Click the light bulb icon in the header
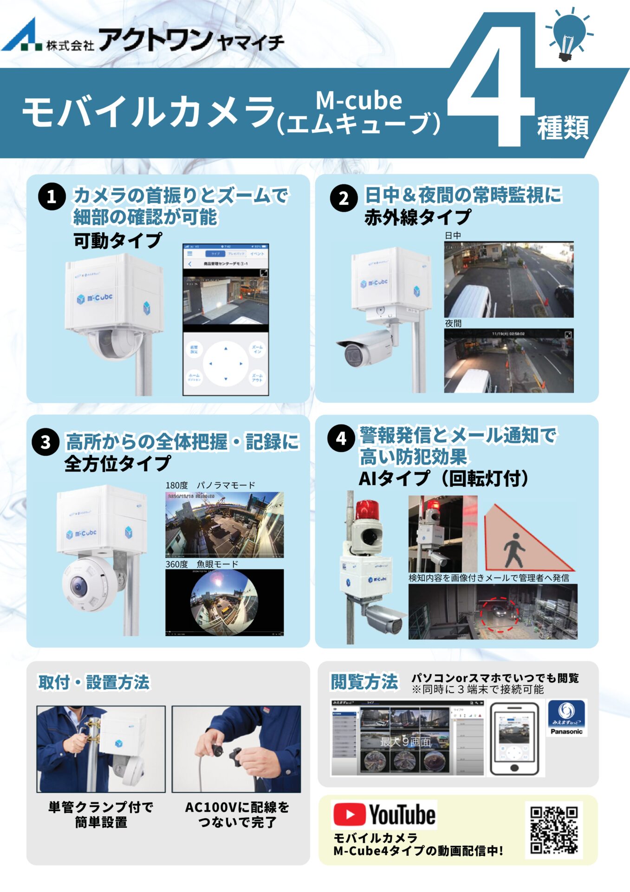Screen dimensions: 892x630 click(x=569, y=35)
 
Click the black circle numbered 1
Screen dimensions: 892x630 click(x=52, y=197)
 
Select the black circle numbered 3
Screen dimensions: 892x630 click(x=45, y=442)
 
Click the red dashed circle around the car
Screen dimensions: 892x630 click(x=500, y=614)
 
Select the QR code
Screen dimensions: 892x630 click(x=554, y=830)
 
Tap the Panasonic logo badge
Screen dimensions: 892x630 click(x=566, y=718)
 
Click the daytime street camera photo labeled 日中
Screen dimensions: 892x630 click(x=508, y=280)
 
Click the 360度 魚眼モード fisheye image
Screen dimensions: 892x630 click(x=224, y=602)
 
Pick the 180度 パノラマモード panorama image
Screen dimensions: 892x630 click(x=224, y=525)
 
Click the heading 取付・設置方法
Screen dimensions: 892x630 click(x=94, y=682)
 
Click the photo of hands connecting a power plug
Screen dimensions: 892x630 click(x=236, y=749)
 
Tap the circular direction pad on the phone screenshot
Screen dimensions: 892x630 click(x=226, y=364)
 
